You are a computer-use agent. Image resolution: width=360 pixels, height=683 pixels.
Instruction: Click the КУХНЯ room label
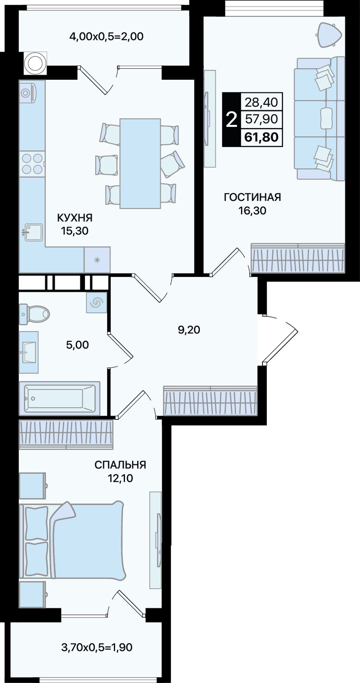[75, 218]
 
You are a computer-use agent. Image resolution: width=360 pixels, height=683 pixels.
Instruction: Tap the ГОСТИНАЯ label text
[252, 197]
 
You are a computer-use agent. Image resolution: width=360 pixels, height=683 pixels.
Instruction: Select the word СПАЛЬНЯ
[120, 465]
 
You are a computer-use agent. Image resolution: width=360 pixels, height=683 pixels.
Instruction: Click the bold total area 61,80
[261, 137]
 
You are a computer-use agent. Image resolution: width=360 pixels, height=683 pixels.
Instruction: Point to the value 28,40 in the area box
[261, 102]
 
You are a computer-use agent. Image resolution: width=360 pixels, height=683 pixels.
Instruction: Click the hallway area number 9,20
[189, 330]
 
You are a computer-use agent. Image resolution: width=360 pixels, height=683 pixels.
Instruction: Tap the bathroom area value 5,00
[77, 345]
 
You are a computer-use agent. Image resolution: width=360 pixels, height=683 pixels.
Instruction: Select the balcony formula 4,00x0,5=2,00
[106, 36]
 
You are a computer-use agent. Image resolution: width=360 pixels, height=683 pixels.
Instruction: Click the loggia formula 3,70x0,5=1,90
[97, 647]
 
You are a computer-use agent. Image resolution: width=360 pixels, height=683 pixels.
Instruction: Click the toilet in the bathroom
[34, 314]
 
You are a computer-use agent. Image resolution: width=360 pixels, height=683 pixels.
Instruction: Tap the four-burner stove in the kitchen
[32, 164]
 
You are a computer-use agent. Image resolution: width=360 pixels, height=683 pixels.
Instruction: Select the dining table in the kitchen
[140, 164]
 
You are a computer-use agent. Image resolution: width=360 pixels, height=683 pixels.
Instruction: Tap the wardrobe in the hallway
[210, 400]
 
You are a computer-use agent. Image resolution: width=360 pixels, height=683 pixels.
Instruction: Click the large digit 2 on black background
[231, 120]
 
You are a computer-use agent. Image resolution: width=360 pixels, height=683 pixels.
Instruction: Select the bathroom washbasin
[29, 352]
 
